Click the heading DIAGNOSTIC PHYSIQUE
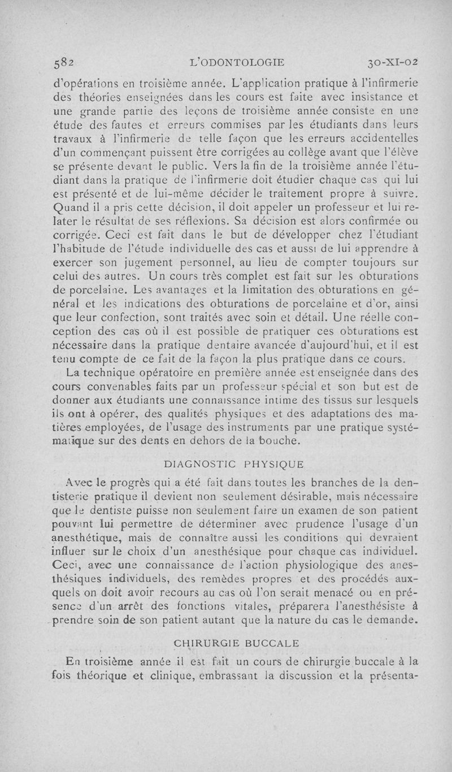pos(233,464)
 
